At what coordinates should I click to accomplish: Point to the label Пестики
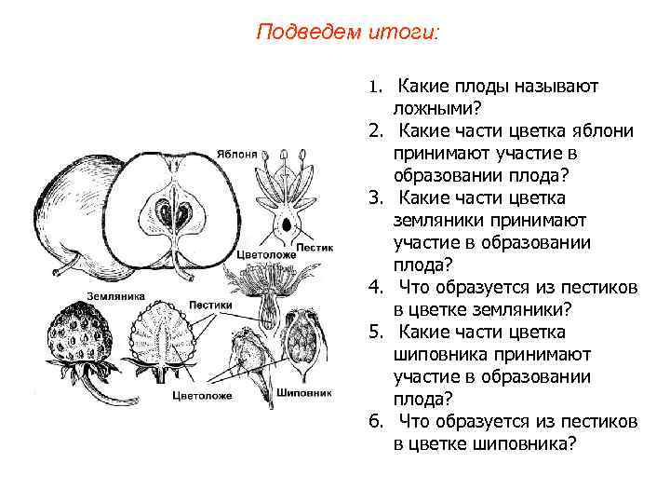point(209,303)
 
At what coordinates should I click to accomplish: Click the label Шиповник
point(304,391)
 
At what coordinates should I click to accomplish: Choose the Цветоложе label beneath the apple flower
point(267,252)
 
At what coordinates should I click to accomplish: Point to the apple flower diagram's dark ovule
point(289,224)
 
